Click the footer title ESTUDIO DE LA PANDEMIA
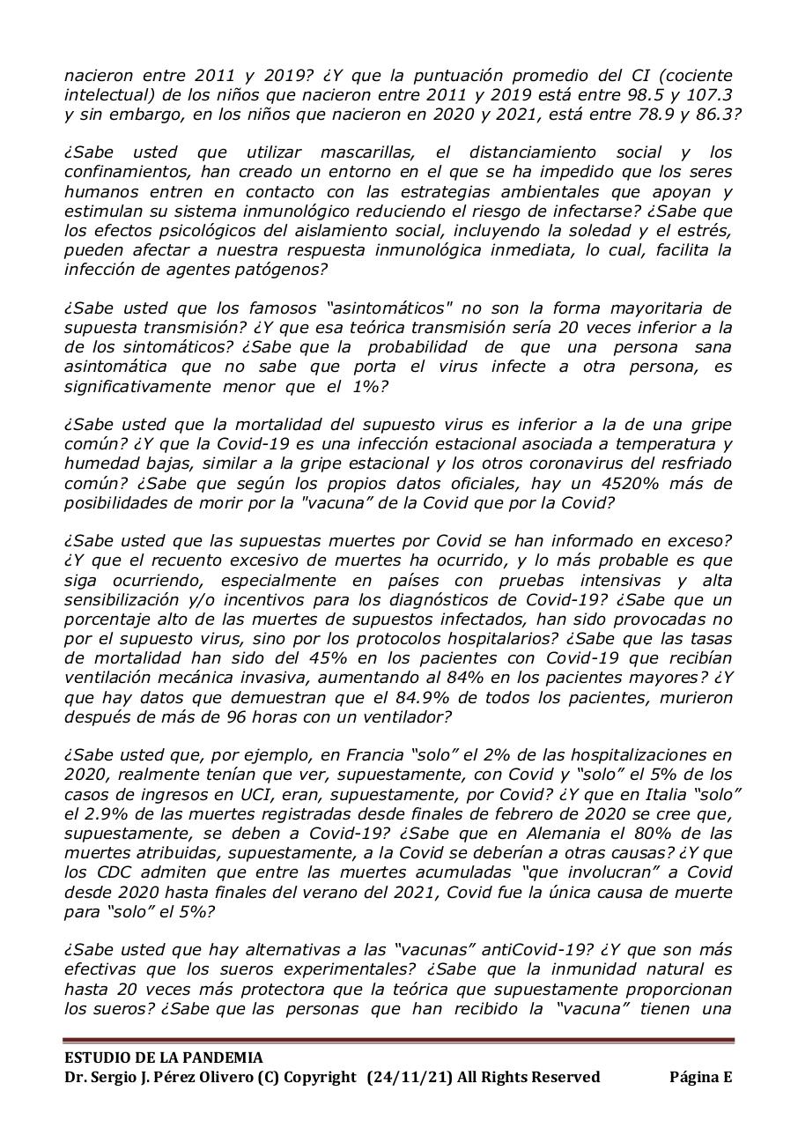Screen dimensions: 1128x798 coord(163,1057)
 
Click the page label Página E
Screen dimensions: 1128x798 coord(700,1077)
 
